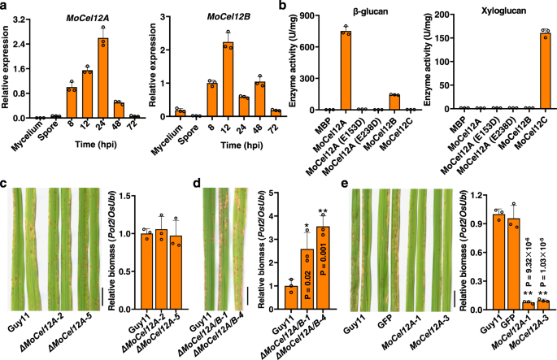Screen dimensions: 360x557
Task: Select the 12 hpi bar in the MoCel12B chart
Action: tap(231, 80)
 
